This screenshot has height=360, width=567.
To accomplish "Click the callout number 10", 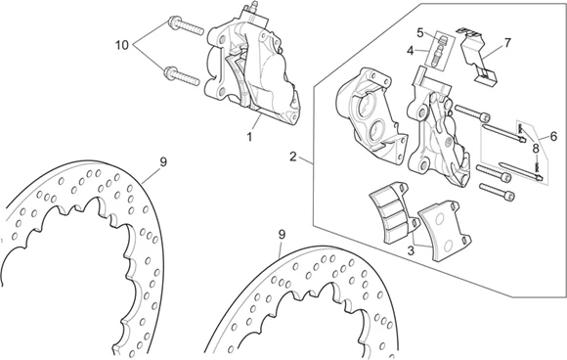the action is pos(122,46).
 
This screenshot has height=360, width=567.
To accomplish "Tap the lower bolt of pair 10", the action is pos(182,76).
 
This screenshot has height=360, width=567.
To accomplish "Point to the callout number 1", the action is pos(249,137).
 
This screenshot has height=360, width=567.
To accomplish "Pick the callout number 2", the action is pos(293,157).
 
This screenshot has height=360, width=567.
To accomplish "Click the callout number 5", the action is pos(419,33).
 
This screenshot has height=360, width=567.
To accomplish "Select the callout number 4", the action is pos(410,51).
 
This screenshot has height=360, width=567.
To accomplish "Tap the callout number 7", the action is pos(507,43).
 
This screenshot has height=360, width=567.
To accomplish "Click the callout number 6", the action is pos(553,136).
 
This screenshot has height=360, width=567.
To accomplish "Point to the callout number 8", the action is pos(536,149).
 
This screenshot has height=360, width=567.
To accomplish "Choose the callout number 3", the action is pos(411,250).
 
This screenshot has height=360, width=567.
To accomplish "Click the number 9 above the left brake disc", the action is pos(163,162).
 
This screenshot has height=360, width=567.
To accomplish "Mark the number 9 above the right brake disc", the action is pos(282,235).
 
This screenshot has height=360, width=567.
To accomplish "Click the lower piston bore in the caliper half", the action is pos(377,129).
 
